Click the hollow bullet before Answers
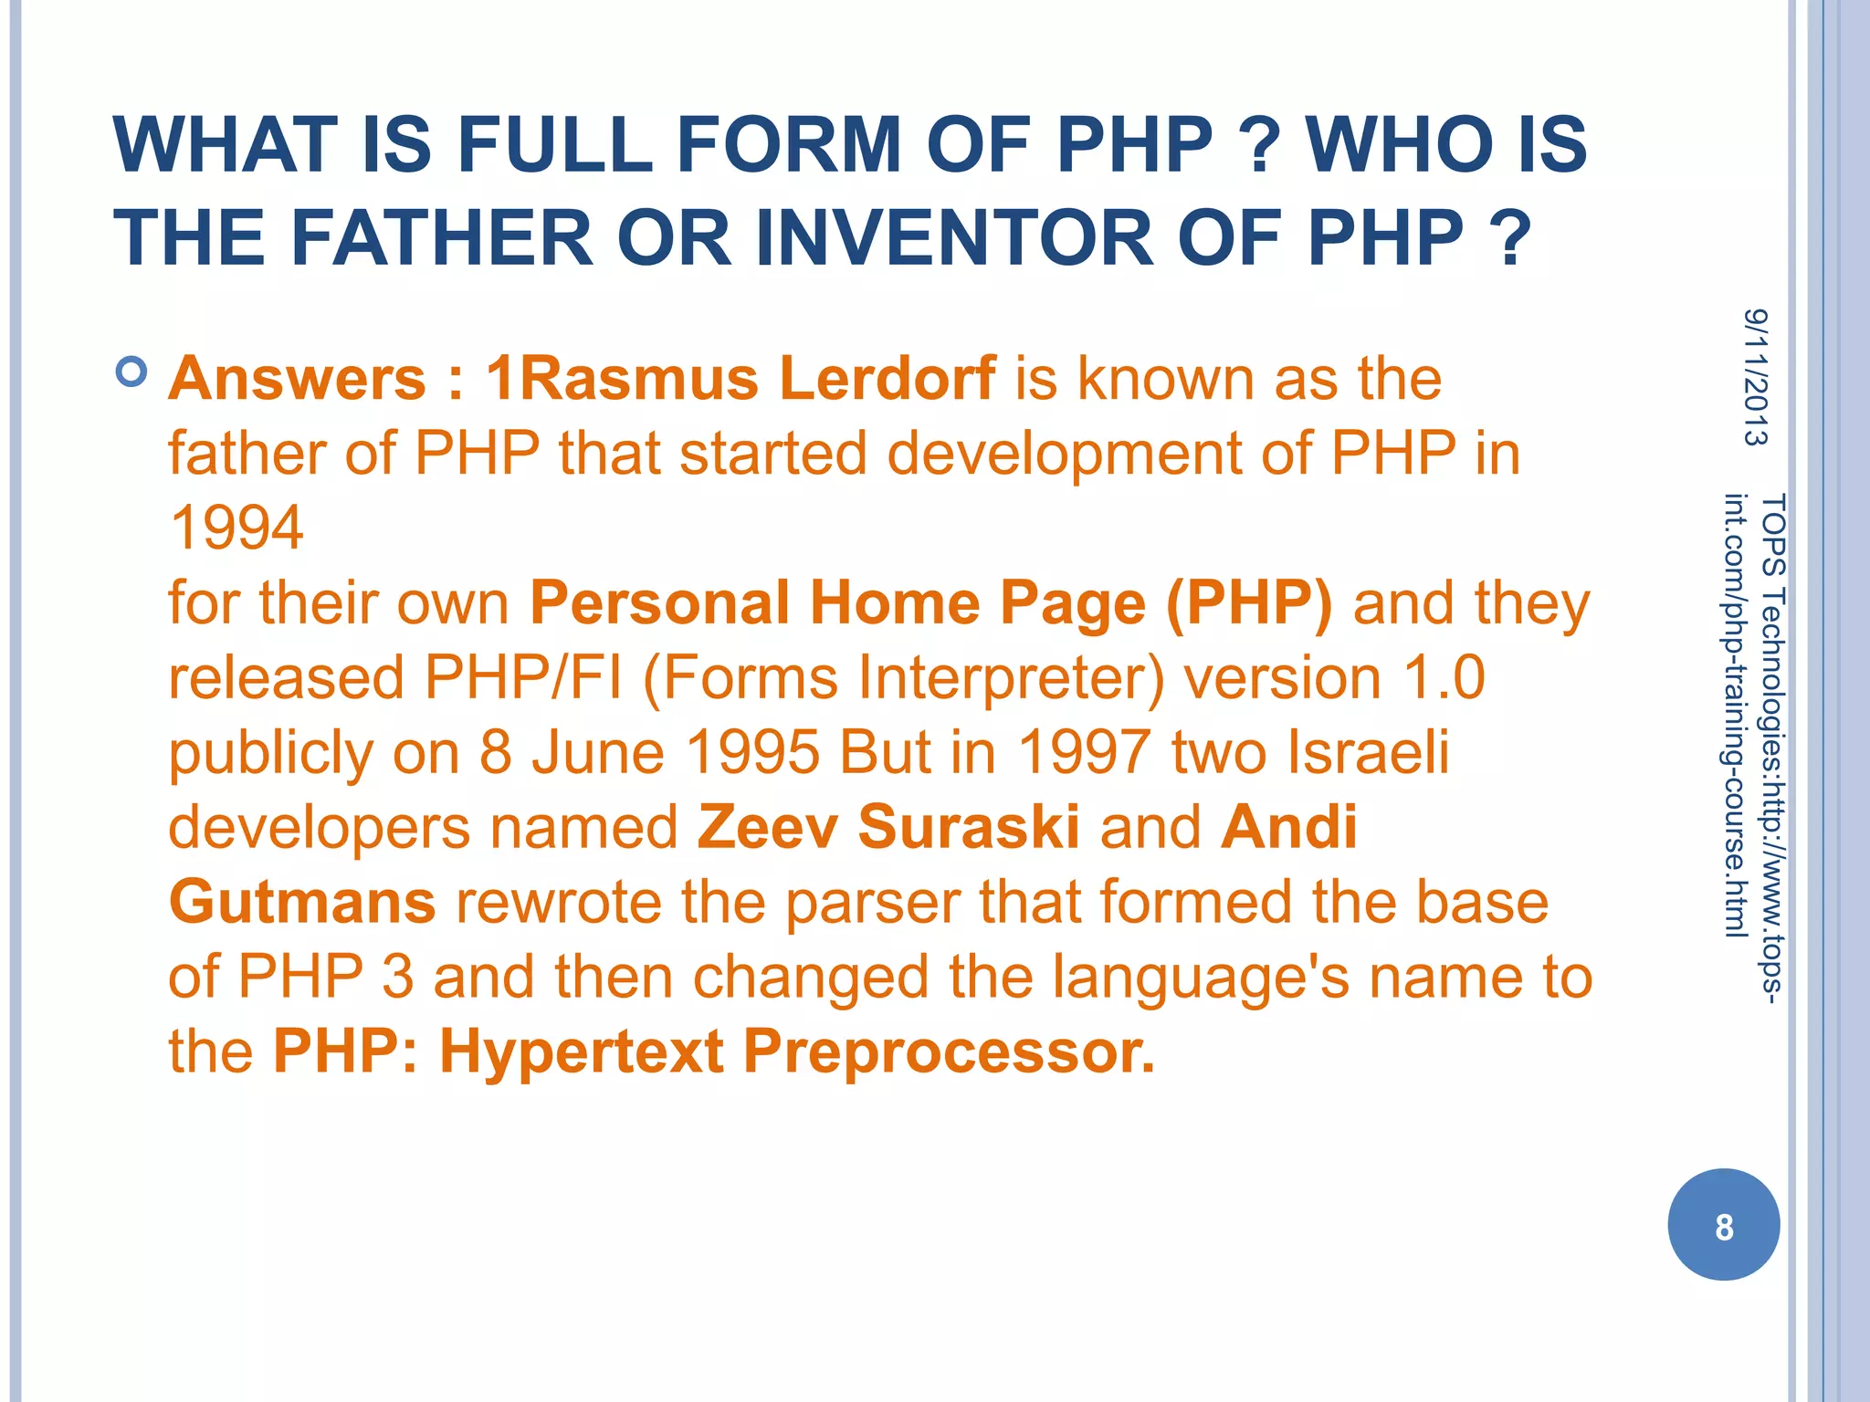pos(132,372)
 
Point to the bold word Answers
pos(298,379)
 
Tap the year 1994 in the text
pos(236,528)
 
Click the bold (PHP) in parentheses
pos(1248,604)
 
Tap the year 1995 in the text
pos(752,754)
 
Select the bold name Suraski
pos(968,828)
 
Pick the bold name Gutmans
pos(302,903)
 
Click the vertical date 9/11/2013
pos(1755,377)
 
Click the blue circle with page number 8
pos(1723,1225)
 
